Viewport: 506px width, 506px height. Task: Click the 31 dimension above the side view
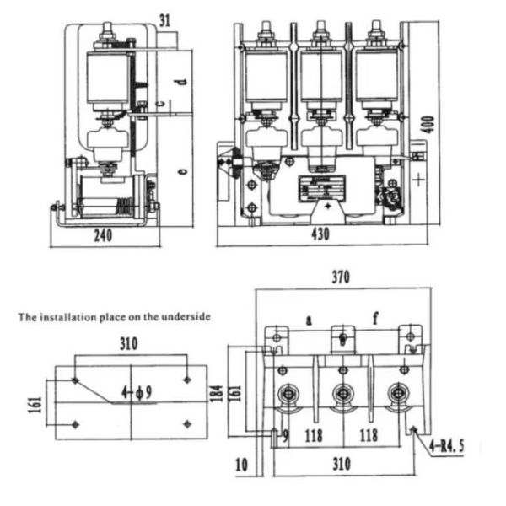click(164, 19)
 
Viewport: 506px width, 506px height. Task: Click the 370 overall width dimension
click(341, 277)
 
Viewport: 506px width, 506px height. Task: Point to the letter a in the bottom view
click(310, 320)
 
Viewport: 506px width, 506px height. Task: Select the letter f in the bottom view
click(378, 318)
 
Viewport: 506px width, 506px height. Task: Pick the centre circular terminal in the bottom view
click(342, 393)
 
